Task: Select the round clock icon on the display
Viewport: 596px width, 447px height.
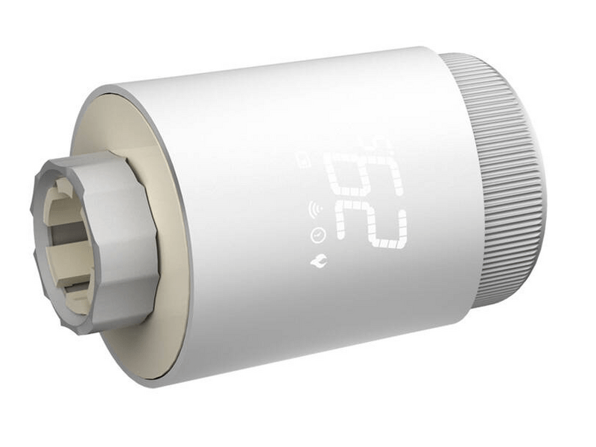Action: click(x=317, y=235)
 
